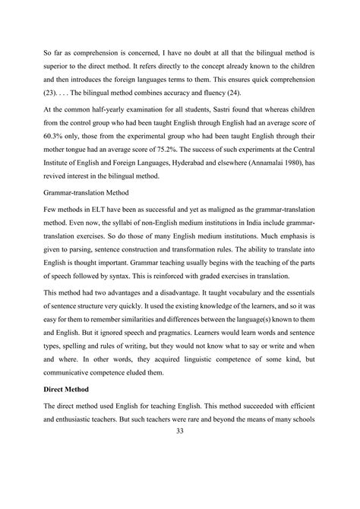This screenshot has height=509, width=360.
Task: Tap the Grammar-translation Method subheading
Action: click(x=81, y=201)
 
